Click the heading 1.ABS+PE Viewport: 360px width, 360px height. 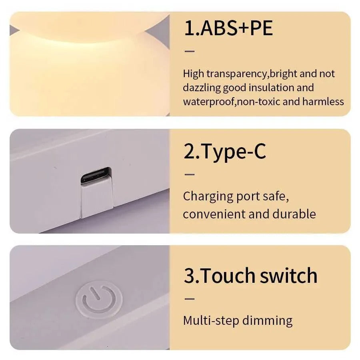click(x=228, y=28)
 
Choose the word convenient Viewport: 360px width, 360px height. click(x=214, y=214)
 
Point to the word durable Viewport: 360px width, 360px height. click(x=294, y=214)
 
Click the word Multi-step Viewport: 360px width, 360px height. click(x=206, y=321)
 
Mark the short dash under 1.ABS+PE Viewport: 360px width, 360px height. click(x=189, y=51)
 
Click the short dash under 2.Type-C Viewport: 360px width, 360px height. click(x=189, y=174)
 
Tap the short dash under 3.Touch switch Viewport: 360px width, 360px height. click(x=189, y=298)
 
